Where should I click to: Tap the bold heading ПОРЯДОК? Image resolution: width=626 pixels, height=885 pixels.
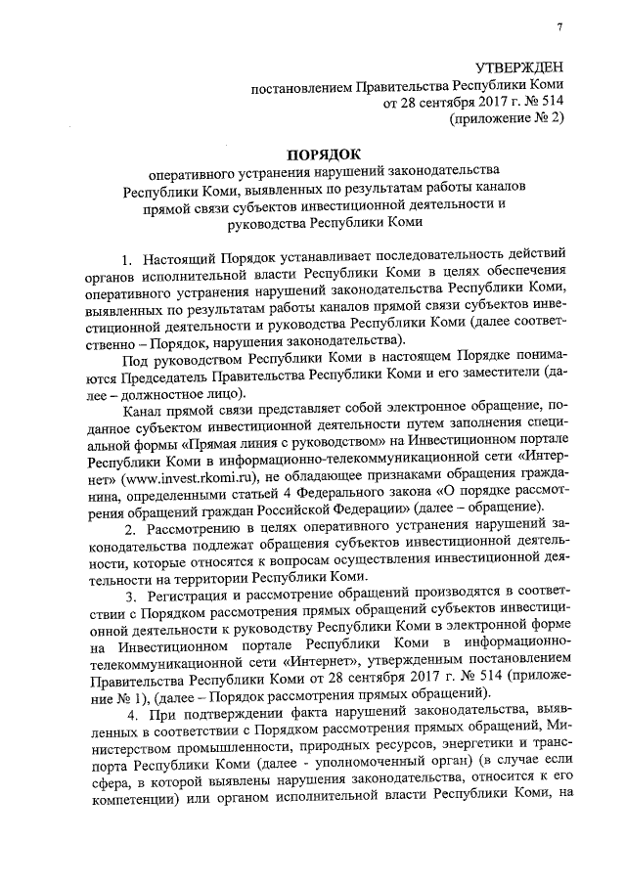tap(323, 154)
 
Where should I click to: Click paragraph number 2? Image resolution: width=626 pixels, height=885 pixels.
tap(125, 529)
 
